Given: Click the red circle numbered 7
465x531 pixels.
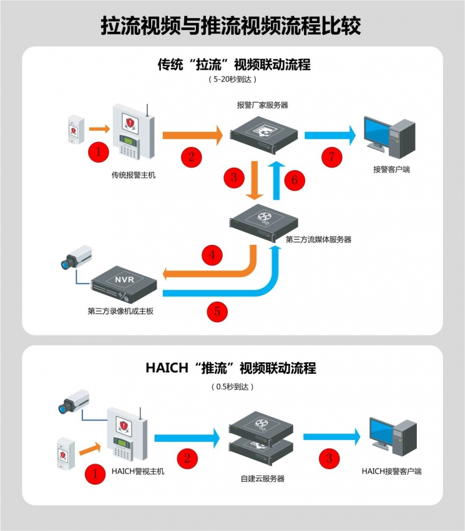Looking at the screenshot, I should click(332, 156).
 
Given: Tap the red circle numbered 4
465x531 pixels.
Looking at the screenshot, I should click(213, 254).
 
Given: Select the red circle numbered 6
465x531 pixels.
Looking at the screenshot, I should click(295, 180).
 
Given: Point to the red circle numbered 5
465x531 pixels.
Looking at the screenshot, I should click(217, 311).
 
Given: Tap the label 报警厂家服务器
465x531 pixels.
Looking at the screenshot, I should click(263, 105).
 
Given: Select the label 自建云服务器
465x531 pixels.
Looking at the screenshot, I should click(262, 479).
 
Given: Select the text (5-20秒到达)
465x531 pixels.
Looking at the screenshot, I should click(232, 78).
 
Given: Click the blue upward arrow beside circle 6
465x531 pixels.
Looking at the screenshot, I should click(278, 180).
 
